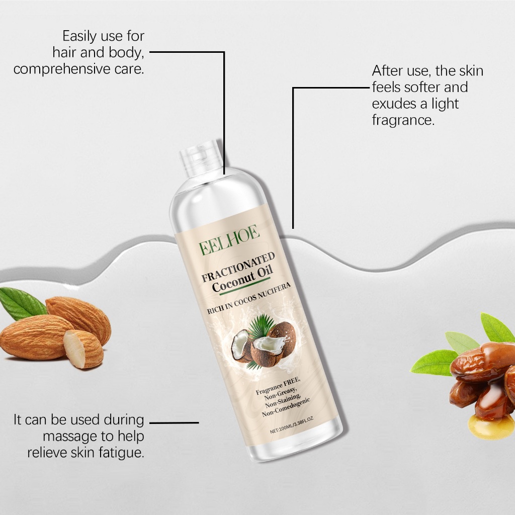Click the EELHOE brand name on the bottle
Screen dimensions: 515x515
pyautogui.click(x=229, y=240)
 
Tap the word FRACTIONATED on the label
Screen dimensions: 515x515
pyautogui.click(x=238, y=268)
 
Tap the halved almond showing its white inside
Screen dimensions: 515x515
pyautogui.click(x=83, y=349)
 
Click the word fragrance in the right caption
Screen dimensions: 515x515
pyautogui.click(x=403, y=120)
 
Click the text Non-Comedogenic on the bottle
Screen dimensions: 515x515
pyautogui.click(x=286, y=407)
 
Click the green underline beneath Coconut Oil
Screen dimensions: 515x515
pyautogui.click(x=244, y=287)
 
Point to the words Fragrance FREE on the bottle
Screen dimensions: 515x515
pyautogui.click(x=278, y=385)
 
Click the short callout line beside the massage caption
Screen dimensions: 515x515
pyautogui.click(x=174, y=422)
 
